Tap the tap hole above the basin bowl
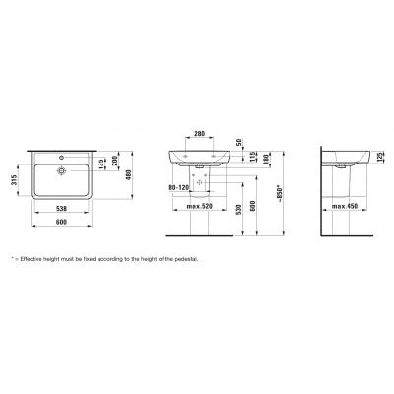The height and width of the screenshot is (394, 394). coord(64,158)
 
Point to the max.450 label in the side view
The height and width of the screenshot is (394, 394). coord(346,207)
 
